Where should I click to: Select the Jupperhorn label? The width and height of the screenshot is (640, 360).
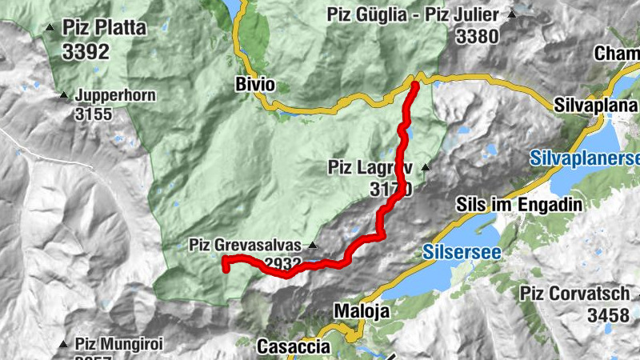click(115, 95)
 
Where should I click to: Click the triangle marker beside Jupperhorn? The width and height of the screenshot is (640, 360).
click(64, 95)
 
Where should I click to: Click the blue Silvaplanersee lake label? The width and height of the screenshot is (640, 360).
click(584, 159)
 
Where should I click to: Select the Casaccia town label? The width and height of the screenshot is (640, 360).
click(293, 346)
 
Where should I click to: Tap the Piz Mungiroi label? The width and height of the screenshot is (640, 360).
click(119, 344)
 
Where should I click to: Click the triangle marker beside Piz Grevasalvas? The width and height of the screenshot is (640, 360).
click(313, 245)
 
